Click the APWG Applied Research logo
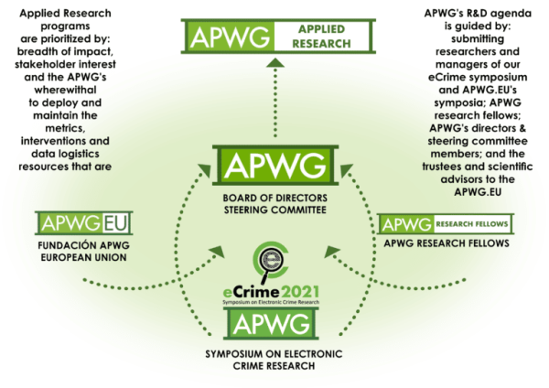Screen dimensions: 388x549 click(279, 35)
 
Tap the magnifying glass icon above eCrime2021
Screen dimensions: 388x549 click(274, 259)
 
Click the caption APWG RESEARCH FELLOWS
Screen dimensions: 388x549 click(446, 244)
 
